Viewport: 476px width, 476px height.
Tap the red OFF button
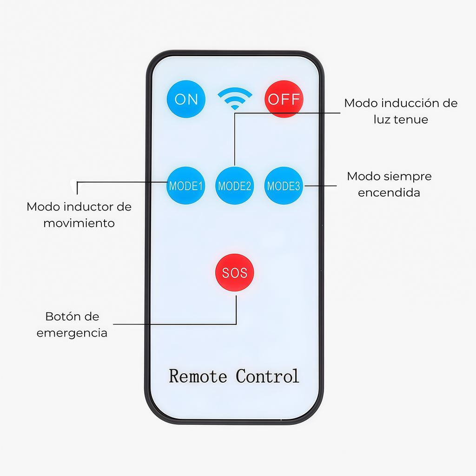click(284, 99)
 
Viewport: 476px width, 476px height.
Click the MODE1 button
click(186, 185)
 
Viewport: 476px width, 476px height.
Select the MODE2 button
click(234, 185)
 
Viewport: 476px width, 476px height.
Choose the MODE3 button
click(284, 185)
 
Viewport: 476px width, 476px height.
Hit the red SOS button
click(235, 272)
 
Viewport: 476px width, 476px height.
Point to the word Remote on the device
click(198, 376)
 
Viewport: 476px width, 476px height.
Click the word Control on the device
click(267, 376)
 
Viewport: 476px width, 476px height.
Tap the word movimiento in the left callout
click(79, 223)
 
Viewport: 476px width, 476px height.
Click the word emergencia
click(72, 333)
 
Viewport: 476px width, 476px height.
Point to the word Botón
click(59, 317)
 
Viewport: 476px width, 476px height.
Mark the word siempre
click(407, 177)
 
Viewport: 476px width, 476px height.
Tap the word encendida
click(389, 193)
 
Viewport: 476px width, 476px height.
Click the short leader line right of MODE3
click(321, 185)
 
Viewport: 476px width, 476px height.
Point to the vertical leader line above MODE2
click(234, 139)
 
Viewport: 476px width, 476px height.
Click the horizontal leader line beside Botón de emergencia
click(175, 324)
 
